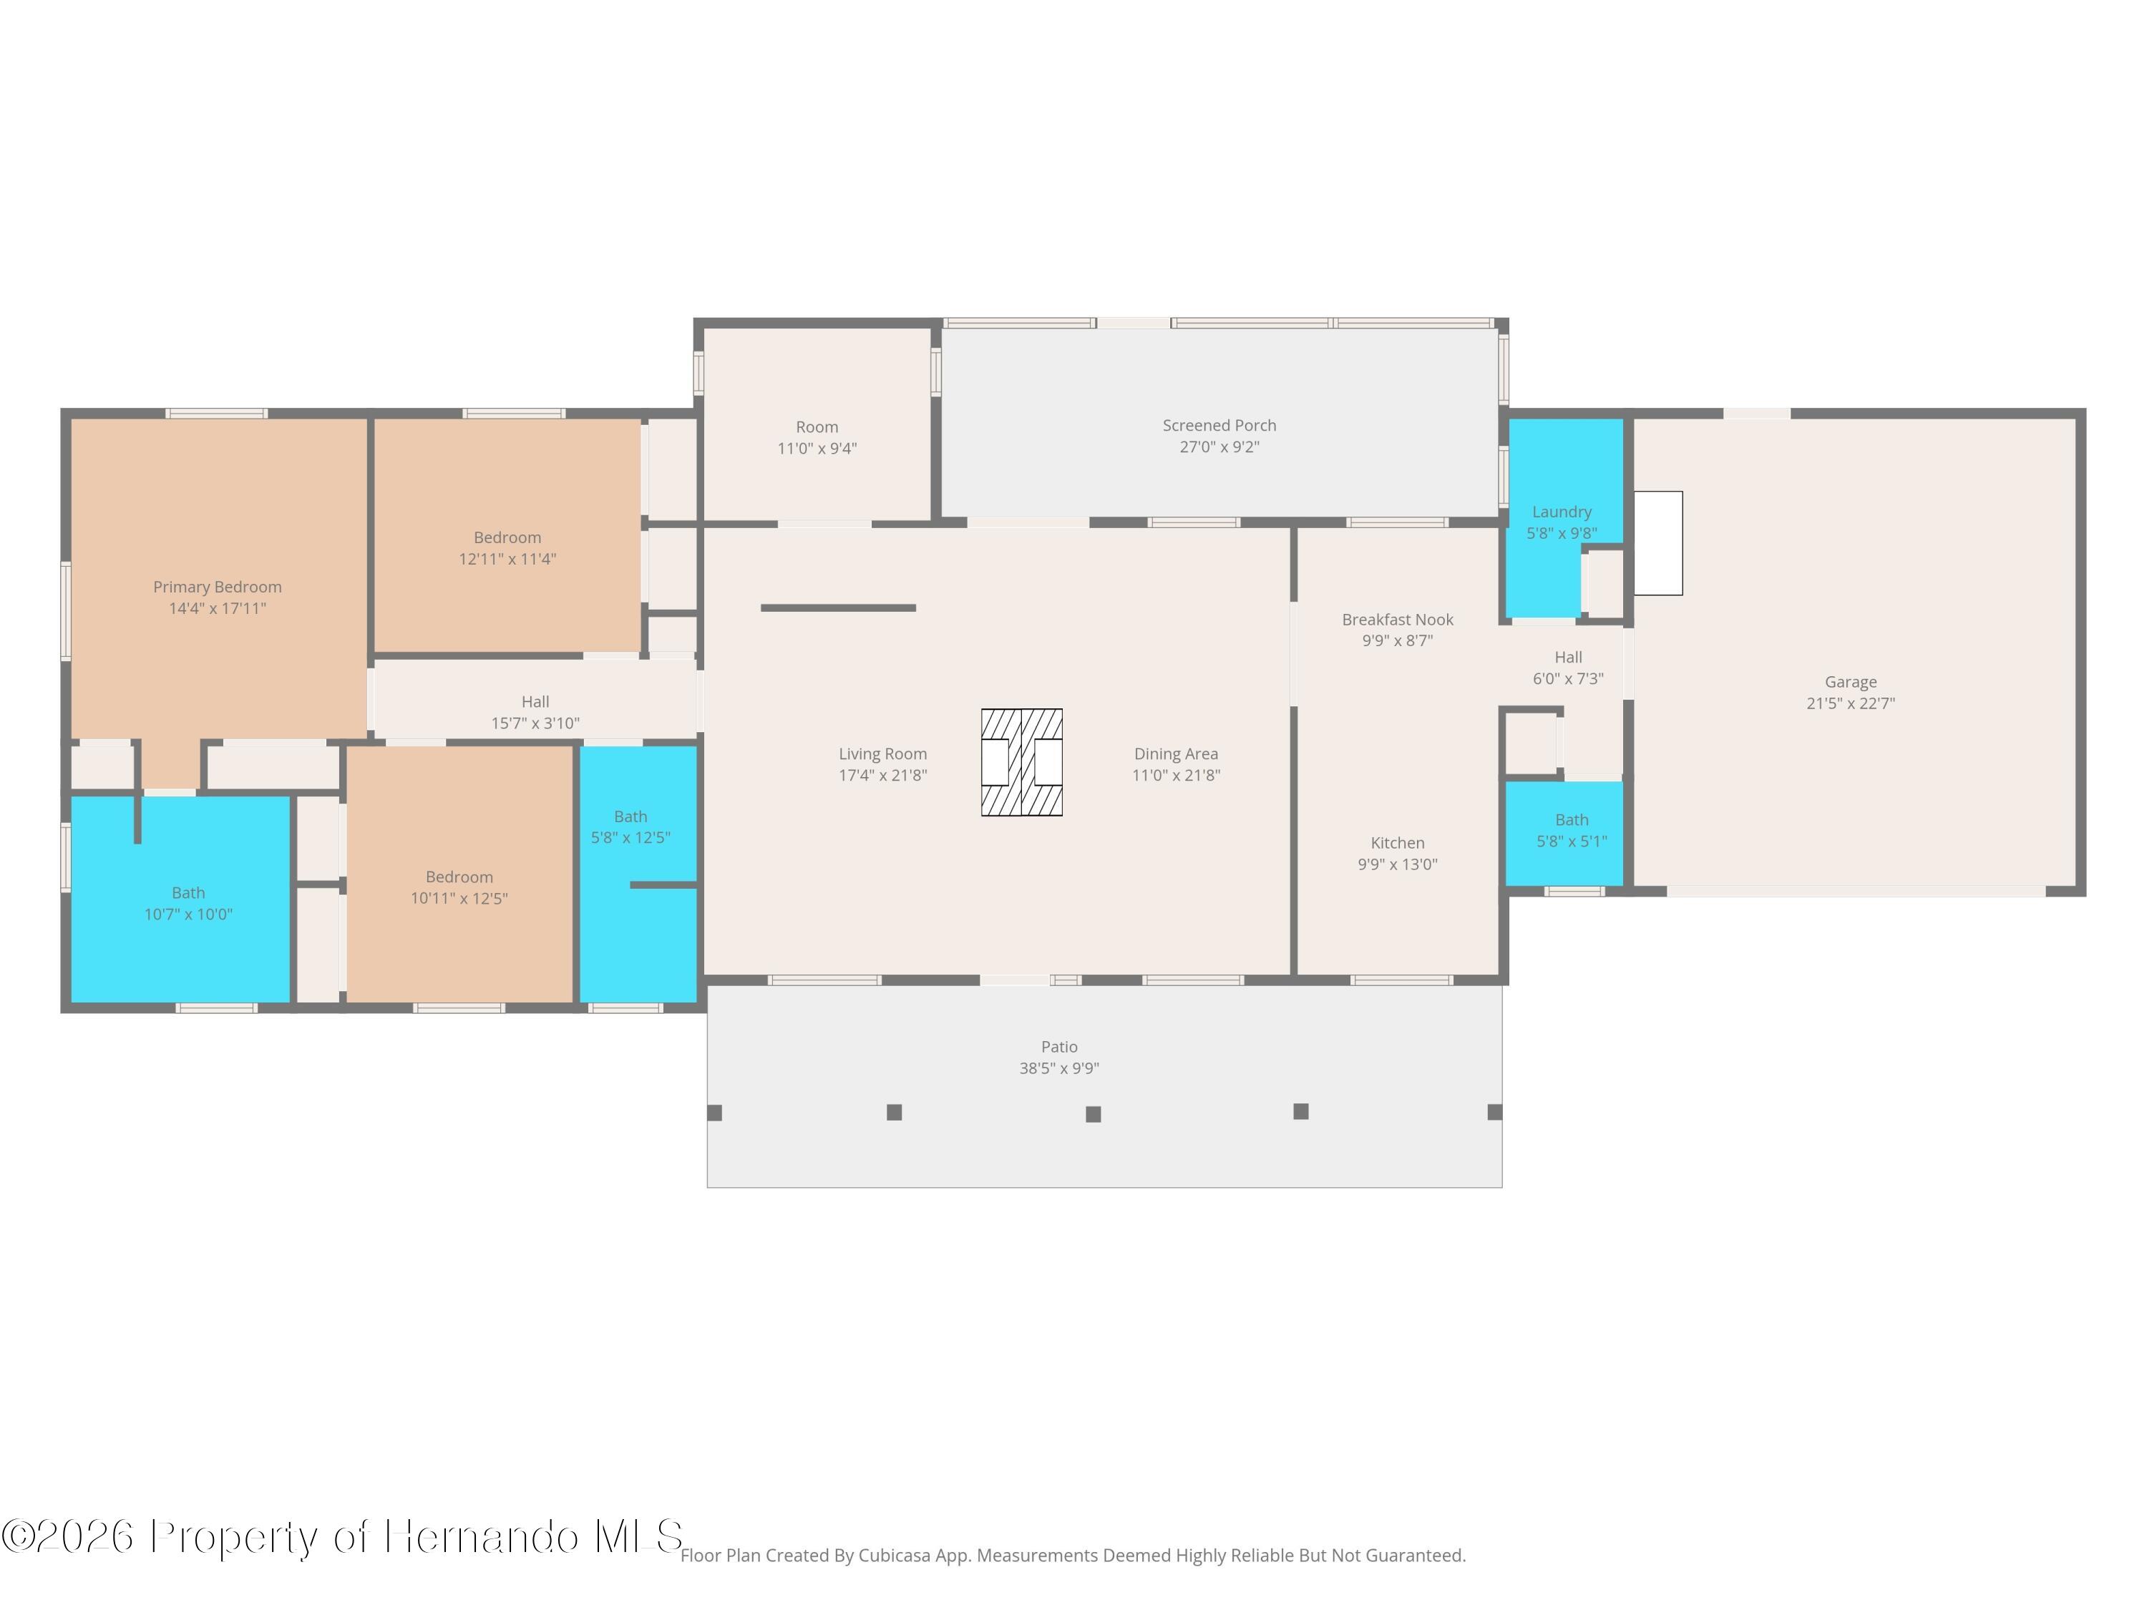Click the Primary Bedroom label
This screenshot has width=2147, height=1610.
218,587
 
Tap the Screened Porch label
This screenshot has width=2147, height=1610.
1219,425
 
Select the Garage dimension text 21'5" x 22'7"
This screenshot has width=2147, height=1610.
1850,703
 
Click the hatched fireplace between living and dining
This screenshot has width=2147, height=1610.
1021,762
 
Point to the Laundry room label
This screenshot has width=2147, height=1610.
1562,512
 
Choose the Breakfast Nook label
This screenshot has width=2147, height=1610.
1398,619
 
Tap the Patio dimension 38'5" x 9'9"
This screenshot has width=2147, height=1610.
1059,1068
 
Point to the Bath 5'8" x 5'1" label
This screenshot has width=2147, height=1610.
1572,831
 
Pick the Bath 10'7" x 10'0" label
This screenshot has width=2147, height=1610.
188,904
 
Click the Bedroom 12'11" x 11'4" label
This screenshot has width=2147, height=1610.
507,548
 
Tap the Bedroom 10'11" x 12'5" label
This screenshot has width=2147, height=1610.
459,888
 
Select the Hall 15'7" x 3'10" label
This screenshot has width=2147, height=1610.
535,712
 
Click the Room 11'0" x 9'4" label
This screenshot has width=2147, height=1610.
817,438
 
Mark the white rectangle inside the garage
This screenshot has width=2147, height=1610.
1657,542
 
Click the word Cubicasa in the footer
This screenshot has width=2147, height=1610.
892,1555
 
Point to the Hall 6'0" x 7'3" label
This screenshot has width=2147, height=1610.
1567,668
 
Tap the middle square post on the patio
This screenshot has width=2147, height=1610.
1093,1114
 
